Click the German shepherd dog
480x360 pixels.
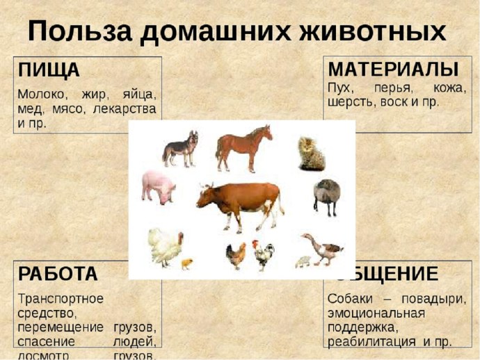tap(180, 147)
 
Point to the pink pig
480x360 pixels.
tap(159, 186)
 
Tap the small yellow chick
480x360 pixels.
tap(186, 263)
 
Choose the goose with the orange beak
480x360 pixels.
tap(322, 248)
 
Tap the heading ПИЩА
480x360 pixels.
tap(49, 70)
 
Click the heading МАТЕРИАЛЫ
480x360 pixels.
tap(393, 69)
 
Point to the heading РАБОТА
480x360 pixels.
tap(58, 274)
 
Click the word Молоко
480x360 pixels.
tap(42, 93)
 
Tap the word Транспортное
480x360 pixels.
tap(61, 298)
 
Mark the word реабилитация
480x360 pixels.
tap(369, 341)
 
